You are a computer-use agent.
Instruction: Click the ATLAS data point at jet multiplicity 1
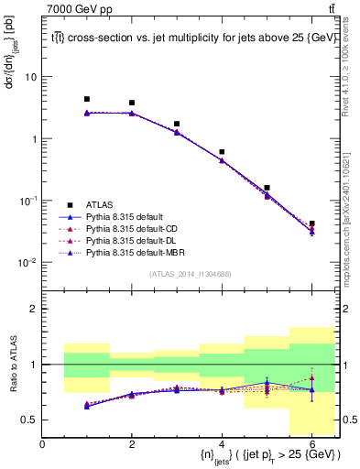(87, 99)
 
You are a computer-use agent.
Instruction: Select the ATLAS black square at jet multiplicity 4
(222, 152)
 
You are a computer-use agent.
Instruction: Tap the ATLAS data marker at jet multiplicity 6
(311, 224)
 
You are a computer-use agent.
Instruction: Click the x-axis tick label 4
(222, 445)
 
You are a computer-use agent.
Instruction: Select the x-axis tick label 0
(42, 445)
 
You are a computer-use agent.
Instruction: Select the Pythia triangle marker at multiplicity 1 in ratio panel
(87, 405)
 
